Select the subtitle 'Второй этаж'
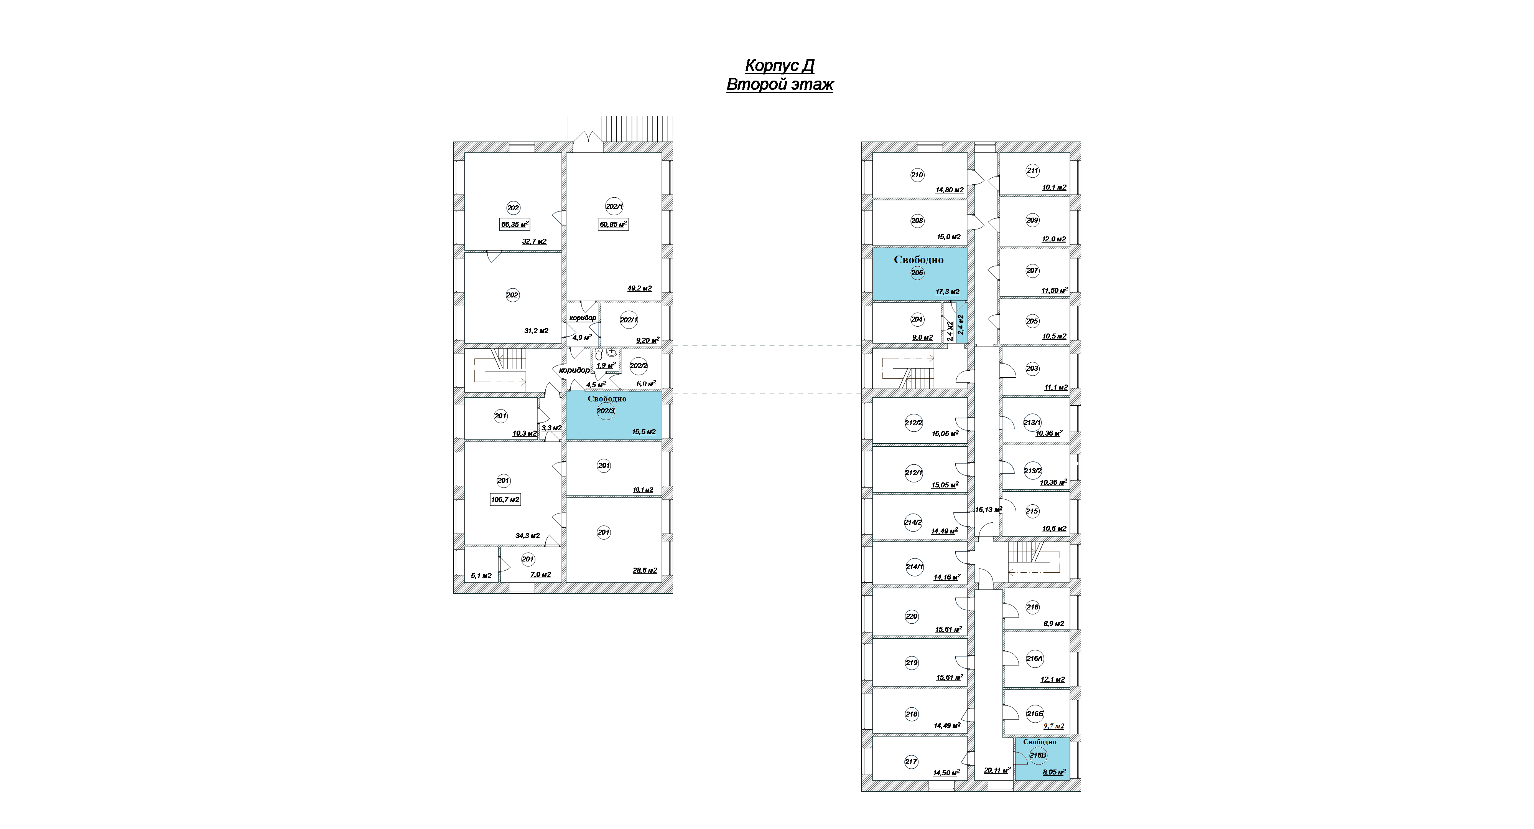pyautogui.click(x=780, y=85)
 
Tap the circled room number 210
pyautogui.click(x=917, y=175)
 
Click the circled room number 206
pyautogui.click(x=917, y=273)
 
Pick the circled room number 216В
pyautogui.click(x=1037, y=755)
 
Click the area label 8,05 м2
pyautogui.click(x=1054, y=772)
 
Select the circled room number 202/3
pyautogui.click(x=606, y=411)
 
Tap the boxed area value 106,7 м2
pyautogui.click(x=505, y=499)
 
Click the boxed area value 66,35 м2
pyautogui.click(x=515, y=225)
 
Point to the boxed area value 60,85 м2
pyautogui.click(x=613, y=225)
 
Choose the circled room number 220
pyautogui.click(x=912, y=616)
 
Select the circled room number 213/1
pyautogui.click(x=1032, y=423)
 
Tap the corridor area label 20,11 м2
pyautogui.click(x=997, y=770)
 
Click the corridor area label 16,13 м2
pyautogui.click(x=988, y=510)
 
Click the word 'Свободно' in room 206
pyautogui.click(x=918, y=260)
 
